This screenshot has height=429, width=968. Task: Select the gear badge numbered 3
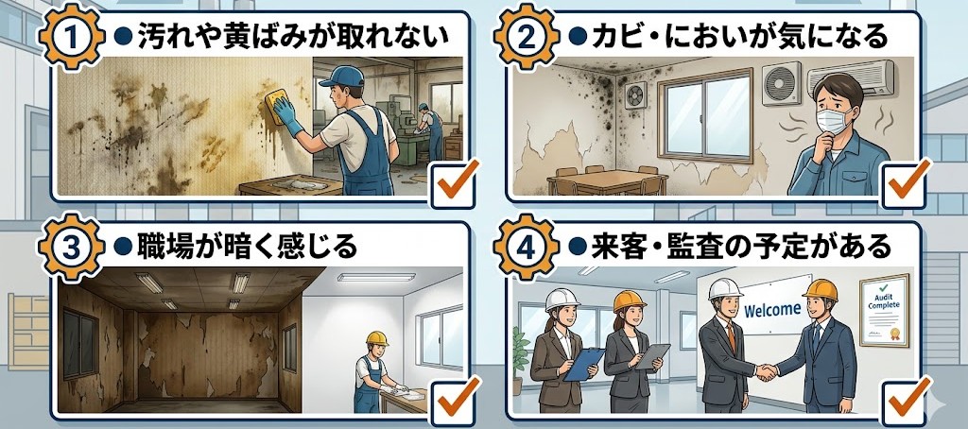tap(72, 247)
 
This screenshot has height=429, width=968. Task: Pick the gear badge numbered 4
tap(526, 247)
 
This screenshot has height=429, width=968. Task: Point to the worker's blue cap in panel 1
tap(340, 77)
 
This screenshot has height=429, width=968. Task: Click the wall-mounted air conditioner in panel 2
tap(851, 78)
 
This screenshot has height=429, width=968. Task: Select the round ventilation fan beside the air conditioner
tap(781, 84)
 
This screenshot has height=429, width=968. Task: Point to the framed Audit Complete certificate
tap(885, 311)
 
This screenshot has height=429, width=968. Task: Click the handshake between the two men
tap(766, 371)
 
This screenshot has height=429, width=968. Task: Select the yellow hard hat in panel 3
tap(376, 338)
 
